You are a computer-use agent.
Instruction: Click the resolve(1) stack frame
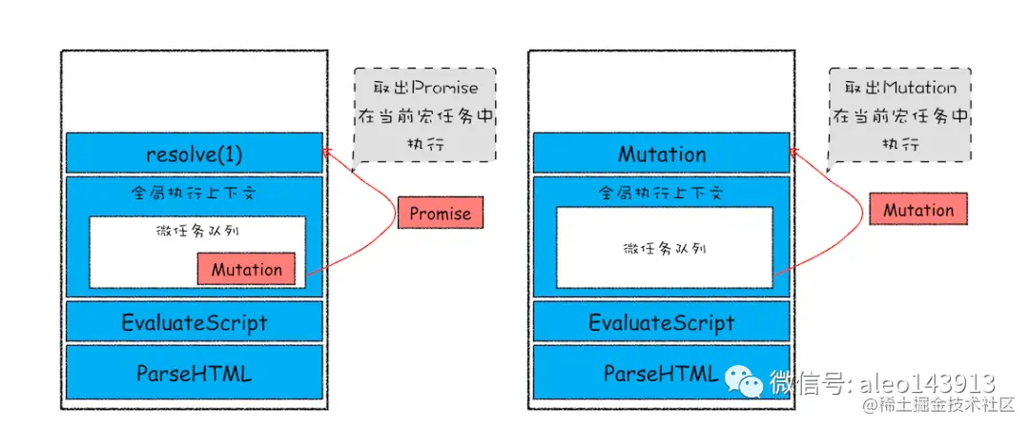click(x=194, y=153)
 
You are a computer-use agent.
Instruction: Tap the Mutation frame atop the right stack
click(x=661, y=153)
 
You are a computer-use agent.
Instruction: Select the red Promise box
click(x=440, y=214)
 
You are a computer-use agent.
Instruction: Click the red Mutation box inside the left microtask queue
click(x=246, y=269)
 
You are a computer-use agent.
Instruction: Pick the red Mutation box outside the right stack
click(x=917, y=210)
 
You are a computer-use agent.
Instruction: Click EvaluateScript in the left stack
click(x=194, y=322)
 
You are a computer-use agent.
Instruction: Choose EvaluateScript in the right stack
click(x=661, y=322)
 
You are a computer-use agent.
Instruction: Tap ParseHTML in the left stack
click(x=194, y=373)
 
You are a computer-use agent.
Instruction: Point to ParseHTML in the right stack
click(x=658, y=373)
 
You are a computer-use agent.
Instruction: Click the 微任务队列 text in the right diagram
click(x=664, y=248)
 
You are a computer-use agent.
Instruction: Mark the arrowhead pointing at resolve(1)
click(x=327, y=152)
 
